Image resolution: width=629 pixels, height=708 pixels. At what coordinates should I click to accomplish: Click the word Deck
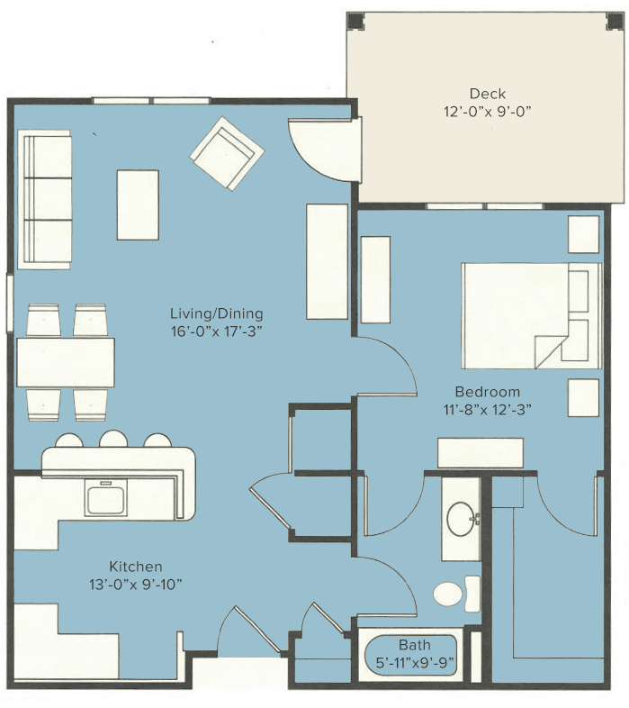tap(488, 94)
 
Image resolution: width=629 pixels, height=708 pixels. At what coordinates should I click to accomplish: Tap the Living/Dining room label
tap(217, 313)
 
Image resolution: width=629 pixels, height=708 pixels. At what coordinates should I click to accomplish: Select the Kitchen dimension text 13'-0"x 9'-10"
tap(135, 585)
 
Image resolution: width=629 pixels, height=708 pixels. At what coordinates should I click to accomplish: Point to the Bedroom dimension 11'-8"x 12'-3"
tap(488, 410)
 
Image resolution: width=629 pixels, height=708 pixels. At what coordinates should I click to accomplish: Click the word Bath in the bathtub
tap(414, 644)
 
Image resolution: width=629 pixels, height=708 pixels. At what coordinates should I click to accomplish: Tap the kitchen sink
tap(106, 497)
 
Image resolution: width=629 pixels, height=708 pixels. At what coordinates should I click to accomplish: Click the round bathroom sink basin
tap(460, 519)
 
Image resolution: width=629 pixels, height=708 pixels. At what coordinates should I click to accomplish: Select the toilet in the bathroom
tap(456, 594)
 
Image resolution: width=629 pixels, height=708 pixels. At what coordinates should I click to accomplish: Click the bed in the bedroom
tap(532, 315)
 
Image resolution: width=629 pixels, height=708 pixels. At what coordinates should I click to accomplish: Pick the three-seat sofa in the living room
tap(44, 200)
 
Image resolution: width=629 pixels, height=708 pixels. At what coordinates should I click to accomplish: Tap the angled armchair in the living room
tap(227, 154)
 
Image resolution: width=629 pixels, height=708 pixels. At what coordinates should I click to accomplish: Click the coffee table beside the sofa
tap(138, 205)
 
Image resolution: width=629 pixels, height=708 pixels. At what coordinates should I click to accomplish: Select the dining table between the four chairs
tap(66, 362)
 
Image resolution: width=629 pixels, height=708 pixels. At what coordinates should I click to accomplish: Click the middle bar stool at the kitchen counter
tap(113, 439)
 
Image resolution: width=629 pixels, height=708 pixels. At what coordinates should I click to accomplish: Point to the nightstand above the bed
tap(583, 234)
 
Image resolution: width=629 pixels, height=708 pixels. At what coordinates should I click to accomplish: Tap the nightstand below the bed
tap(583, 397)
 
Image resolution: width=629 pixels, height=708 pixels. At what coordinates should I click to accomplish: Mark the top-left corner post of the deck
tap(356, 21)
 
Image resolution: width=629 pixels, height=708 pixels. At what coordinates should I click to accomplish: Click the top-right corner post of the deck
tap(614, 21)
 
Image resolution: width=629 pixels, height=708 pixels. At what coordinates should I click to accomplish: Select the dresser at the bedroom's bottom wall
tap(481, 453)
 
